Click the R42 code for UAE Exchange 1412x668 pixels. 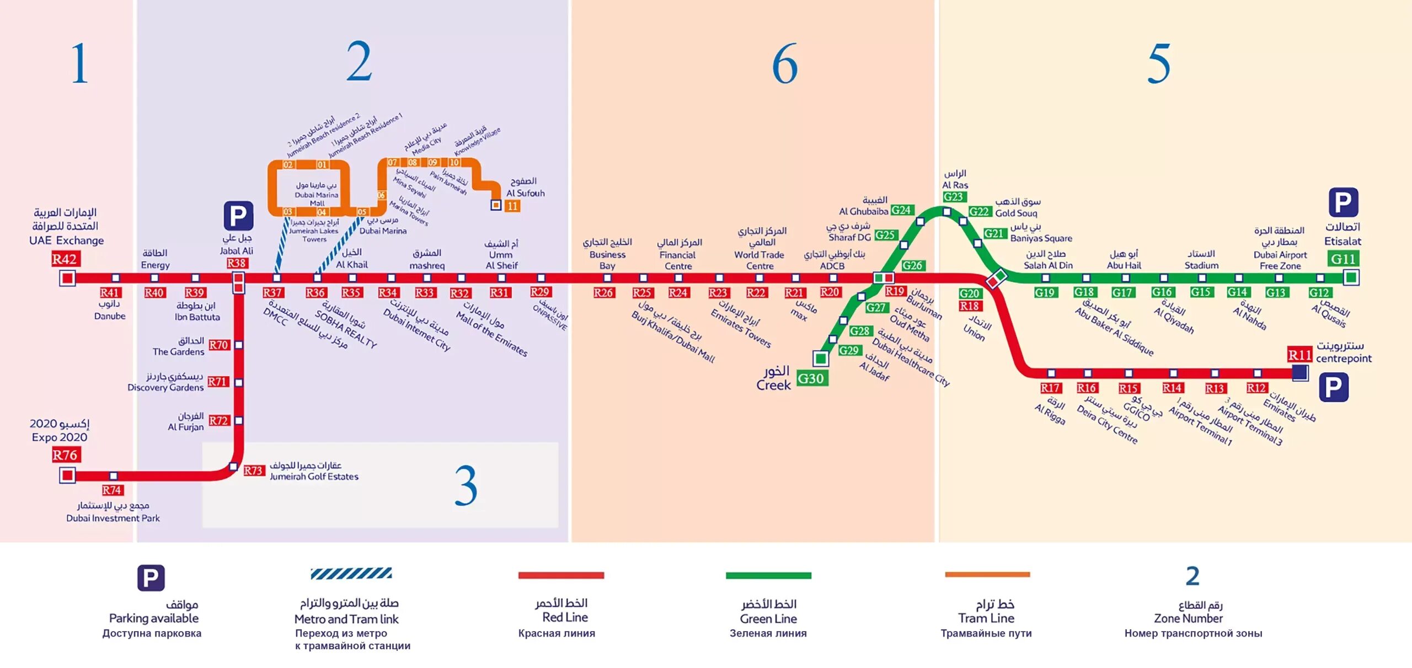click(x=65, y=259)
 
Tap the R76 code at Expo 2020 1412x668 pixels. click(x=65, y=455)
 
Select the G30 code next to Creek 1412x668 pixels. click(x=811, y=378)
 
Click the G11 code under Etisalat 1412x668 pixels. click(x=1343, y=259)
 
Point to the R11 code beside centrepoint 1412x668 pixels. click(x=1299, y=355)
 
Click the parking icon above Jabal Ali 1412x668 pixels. click(x=238, y=216)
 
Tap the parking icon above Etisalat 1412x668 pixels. click(x=1343, y=202)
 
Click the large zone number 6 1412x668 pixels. click(x=784, y=64)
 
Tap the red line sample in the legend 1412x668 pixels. click(x=561, y=575)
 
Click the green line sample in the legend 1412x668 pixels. click(x=768, y=575)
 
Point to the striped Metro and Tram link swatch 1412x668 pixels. click(x=351, y=574)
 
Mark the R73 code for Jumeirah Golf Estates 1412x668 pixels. click(x=253, y=471)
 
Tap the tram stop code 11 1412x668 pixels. click(x=512, y=206)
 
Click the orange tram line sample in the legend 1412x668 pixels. click(x=987, y=574)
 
